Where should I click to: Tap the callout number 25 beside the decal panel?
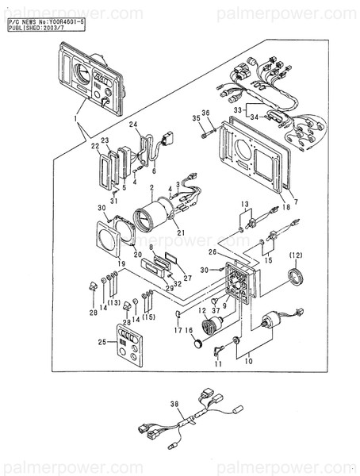[x=98, y=342]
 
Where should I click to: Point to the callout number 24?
[x=133, y=125]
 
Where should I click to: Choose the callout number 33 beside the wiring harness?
[x=236, y=107]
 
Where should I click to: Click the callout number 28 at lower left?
[x=93, y=313]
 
